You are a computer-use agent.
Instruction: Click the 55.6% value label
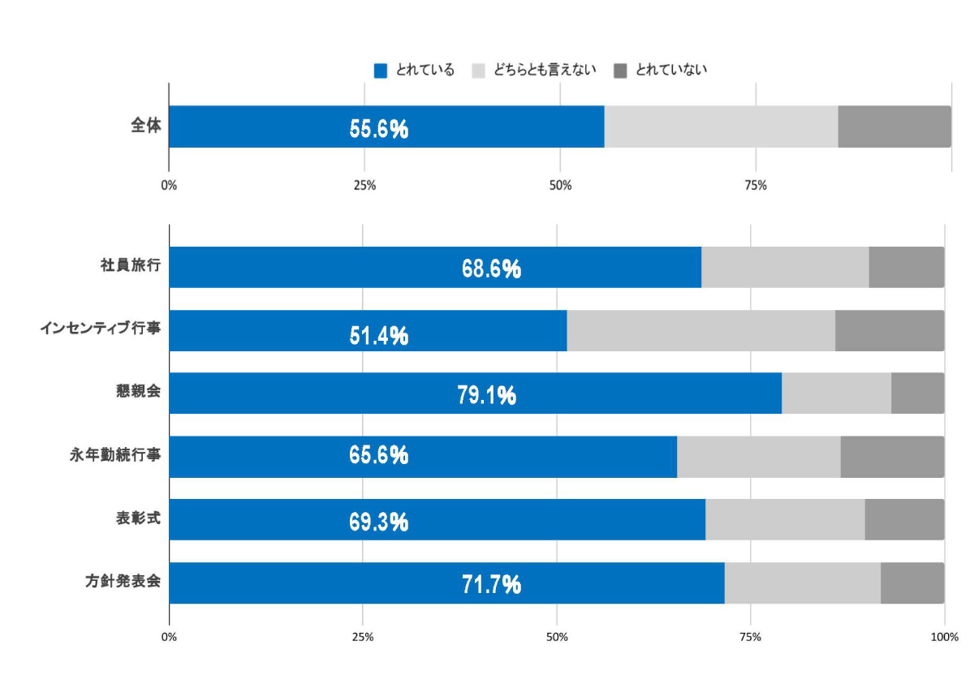pos(378,129)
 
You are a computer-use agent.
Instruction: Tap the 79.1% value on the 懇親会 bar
pos(486,396)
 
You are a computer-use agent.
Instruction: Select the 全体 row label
pos(145,126)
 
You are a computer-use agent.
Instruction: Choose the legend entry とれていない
pos(670,70)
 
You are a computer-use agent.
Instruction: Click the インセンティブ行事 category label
pos(101,329)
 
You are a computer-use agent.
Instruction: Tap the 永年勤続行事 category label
pos(115,456)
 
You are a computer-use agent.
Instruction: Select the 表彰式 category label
pos(137,518)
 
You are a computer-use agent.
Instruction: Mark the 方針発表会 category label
pos(123,582)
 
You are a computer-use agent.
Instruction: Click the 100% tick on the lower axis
pos(944,637)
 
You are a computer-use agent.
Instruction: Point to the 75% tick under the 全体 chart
pos(755,186)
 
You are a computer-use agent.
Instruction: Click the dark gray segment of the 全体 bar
pos(894,127)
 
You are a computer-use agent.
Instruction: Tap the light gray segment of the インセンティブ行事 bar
pos(700,330)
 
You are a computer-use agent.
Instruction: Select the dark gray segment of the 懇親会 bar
pos(917,393)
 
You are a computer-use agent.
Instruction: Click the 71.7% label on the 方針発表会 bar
pos(491,584)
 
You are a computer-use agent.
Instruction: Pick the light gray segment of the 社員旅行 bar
pos(784,267)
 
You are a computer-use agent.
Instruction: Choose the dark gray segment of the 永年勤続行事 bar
pos(892,457)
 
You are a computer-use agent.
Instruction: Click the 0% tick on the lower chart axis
pos(169,637)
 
